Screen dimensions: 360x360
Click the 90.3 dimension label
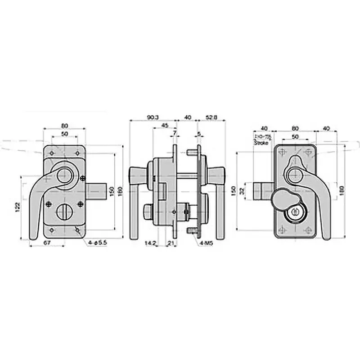[x=153, y=117]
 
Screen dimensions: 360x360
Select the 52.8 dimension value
[x=212, y=117]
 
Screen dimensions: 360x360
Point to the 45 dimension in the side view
[x=165, y=126]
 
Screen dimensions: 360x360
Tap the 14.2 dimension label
[x=150, y=243]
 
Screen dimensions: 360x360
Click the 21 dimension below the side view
[x=171, y=243]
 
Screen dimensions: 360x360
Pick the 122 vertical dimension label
[x=17, y=207]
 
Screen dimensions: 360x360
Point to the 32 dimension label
[x=242, y=191]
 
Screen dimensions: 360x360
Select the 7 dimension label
[x=175, y=134]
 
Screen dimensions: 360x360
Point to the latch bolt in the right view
[x=261, y=191]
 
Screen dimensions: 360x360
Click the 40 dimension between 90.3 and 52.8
[x=188, y=117]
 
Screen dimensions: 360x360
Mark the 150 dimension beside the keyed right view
[x=234, y=191]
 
